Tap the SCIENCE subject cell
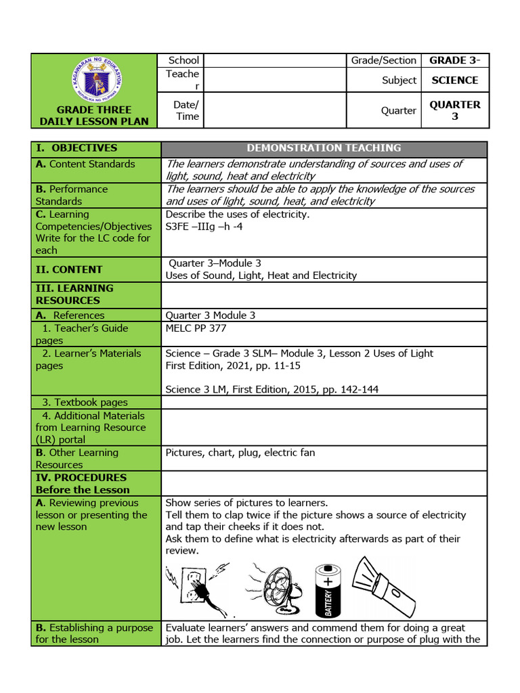point(454,80)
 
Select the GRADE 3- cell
point(454,60)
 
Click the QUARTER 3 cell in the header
point(454,110)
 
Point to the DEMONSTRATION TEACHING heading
point(324,148)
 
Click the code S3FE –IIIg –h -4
point(204,227)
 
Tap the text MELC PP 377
point(196,328)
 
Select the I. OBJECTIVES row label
point(76,148)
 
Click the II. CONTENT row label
point(69,269)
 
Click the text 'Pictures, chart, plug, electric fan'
point(240,453)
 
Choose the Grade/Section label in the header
point(383,60)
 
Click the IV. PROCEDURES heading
point(81,477)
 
